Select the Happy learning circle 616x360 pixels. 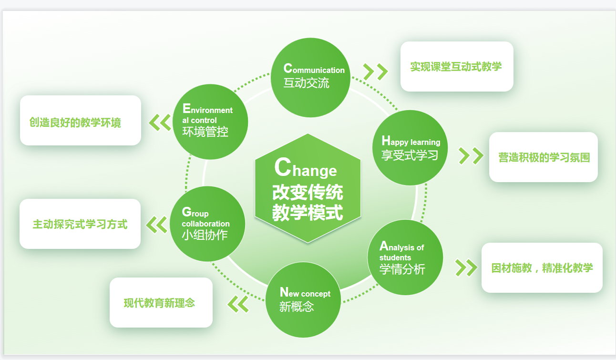point(410,148)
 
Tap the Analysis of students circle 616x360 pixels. point(404,257)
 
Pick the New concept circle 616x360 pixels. point(303,299)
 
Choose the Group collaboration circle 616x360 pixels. point(207,224)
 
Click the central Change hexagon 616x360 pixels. point(308,188)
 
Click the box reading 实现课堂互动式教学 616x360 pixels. point(456,66)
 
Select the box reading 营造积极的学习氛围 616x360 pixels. point(544,157)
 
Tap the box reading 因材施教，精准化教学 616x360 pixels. point(542,267)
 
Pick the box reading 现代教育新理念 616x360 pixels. point(161,302)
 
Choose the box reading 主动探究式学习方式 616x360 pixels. point(80,224)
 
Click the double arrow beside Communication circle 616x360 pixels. point(375,71)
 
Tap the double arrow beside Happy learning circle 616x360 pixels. point(471,155)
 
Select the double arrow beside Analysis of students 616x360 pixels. point(466,267)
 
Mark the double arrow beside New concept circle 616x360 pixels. point(238,304)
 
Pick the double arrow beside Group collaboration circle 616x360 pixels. point(156,225)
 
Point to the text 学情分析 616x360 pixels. point(402,269)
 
